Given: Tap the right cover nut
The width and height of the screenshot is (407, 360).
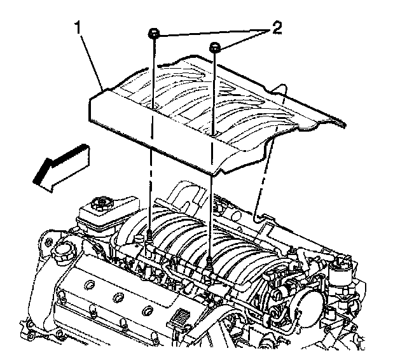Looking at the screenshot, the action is tap(216, 46).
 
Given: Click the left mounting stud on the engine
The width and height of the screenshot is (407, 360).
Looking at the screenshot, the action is tap(148, 238).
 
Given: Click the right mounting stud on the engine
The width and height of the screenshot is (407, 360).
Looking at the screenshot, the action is tap(209, 261).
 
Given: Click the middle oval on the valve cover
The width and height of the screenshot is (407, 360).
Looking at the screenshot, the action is tap(118, 296).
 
